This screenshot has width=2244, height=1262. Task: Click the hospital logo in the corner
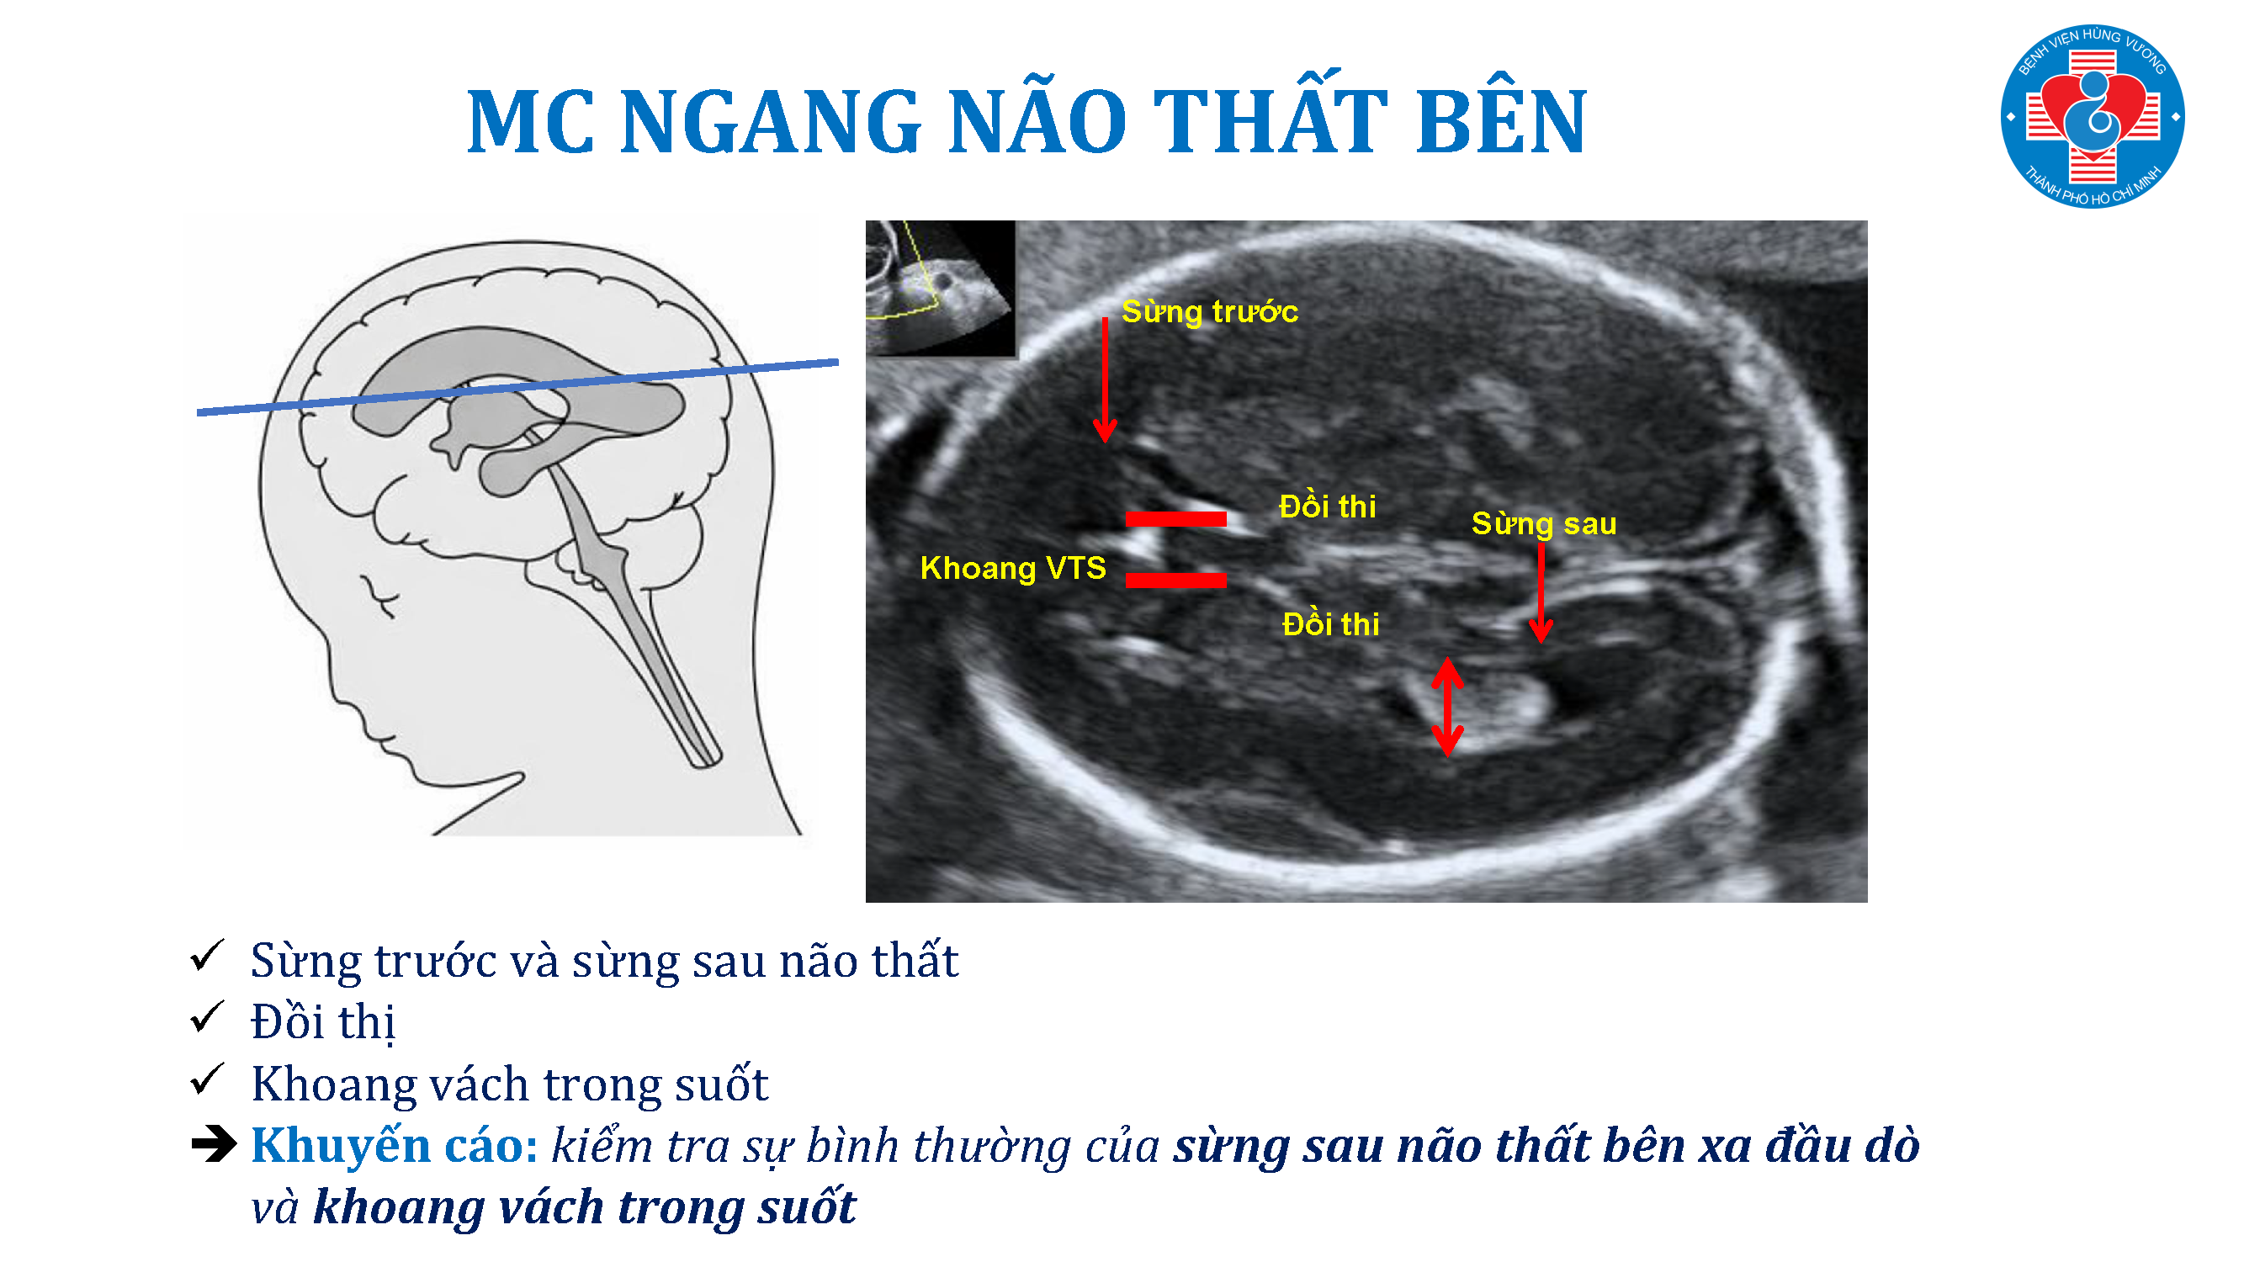coord(2092,116)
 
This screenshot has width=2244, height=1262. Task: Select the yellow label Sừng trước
coord(1209,312)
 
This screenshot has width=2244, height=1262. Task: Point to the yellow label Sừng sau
coord(1544,523)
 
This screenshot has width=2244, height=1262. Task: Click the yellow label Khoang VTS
coord(1013,568)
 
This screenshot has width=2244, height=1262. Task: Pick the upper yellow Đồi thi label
coord(1328,506)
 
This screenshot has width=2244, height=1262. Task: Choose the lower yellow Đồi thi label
coord(1331,623)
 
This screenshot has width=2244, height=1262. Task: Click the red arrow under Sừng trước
coord(1105,380)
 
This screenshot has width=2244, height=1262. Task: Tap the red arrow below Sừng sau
coord(1541,593)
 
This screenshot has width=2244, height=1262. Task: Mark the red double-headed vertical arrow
coord(1447,707)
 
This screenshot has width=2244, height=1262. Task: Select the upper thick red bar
coord(1175,519)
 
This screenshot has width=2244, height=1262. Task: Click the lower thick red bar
coord(1175,579)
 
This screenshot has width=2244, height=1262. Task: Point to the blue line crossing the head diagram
coord(517,387)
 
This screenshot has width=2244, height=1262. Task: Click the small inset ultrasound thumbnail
coord(940,288)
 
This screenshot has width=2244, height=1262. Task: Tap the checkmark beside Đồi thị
coord(208,1017)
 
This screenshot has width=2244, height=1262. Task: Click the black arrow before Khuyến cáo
coord(214,1143)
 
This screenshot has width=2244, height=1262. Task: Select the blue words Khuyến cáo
coord(395,1144)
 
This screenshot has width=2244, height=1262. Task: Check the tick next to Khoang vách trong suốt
coord(208,1079)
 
